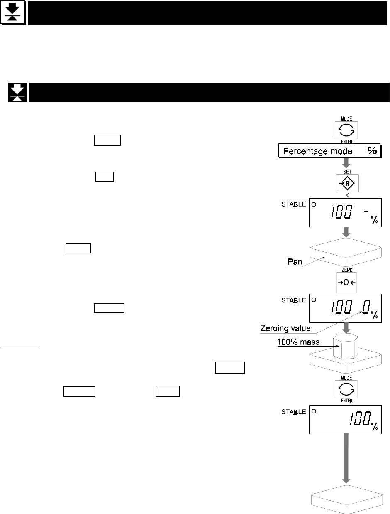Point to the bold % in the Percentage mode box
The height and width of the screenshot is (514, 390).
point(372,151)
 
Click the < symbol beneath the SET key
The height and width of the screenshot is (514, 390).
point(347,195)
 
